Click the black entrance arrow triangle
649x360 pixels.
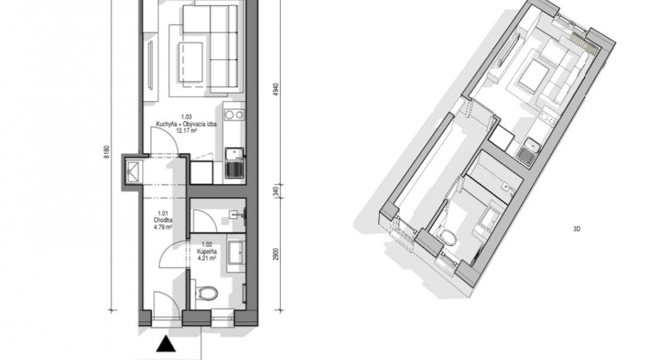[166, 344]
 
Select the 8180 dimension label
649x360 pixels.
[106, 152]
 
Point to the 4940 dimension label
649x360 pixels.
[276, 90]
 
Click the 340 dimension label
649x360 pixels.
[276, 191]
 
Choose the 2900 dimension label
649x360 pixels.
[276, 255]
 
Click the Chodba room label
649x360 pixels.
[163, 220]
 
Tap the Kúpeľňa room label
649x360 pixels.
[206, 251]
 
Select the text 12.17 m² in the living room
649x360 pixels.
[186, 130]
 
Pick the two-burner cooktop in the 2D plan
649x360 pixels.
[234, 114]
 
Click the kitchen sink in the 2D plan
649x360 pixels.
[234, 162]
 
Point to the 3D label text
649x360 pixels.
[577, 229]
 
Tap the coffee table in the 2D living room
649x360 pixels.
[191, 62]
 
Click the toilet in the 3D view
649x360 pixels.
[448, 237]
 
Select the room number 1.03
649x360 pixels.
[186, 117]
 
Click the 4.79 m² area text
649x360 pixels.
[163, 227]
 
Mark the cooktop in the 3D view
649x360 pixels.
[547, 118]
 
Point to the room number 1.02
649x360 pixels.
[206, 245]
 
